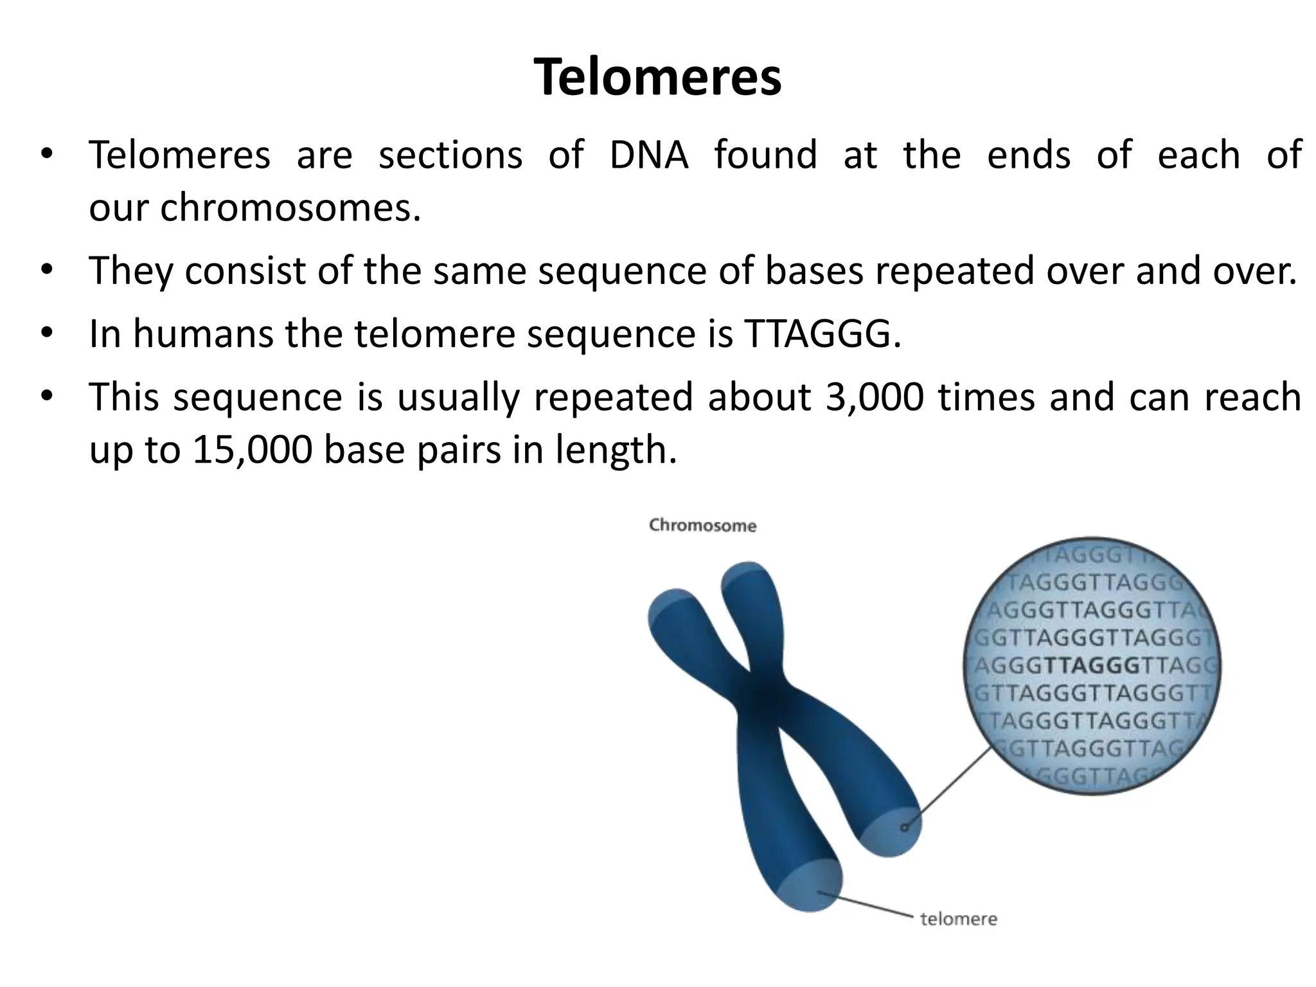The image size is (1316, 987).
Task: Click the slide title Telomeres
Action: (657, 77)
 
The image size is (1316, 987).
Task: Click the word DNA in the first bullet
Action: (648, 155)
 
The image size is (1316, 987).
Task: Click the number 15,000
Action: (252, 449)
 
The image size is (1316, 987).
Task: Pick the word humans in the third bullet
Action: (203, 334)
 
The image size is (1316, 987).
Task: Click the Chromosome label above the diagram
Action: (702, 526)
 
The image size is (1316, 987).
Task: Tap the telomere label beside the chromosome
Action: (958, 919)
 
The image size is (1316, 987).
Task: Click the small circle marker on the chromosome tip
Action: (904, 827)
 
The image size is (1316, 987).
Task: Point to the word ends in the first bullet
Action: (1029, 155)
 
